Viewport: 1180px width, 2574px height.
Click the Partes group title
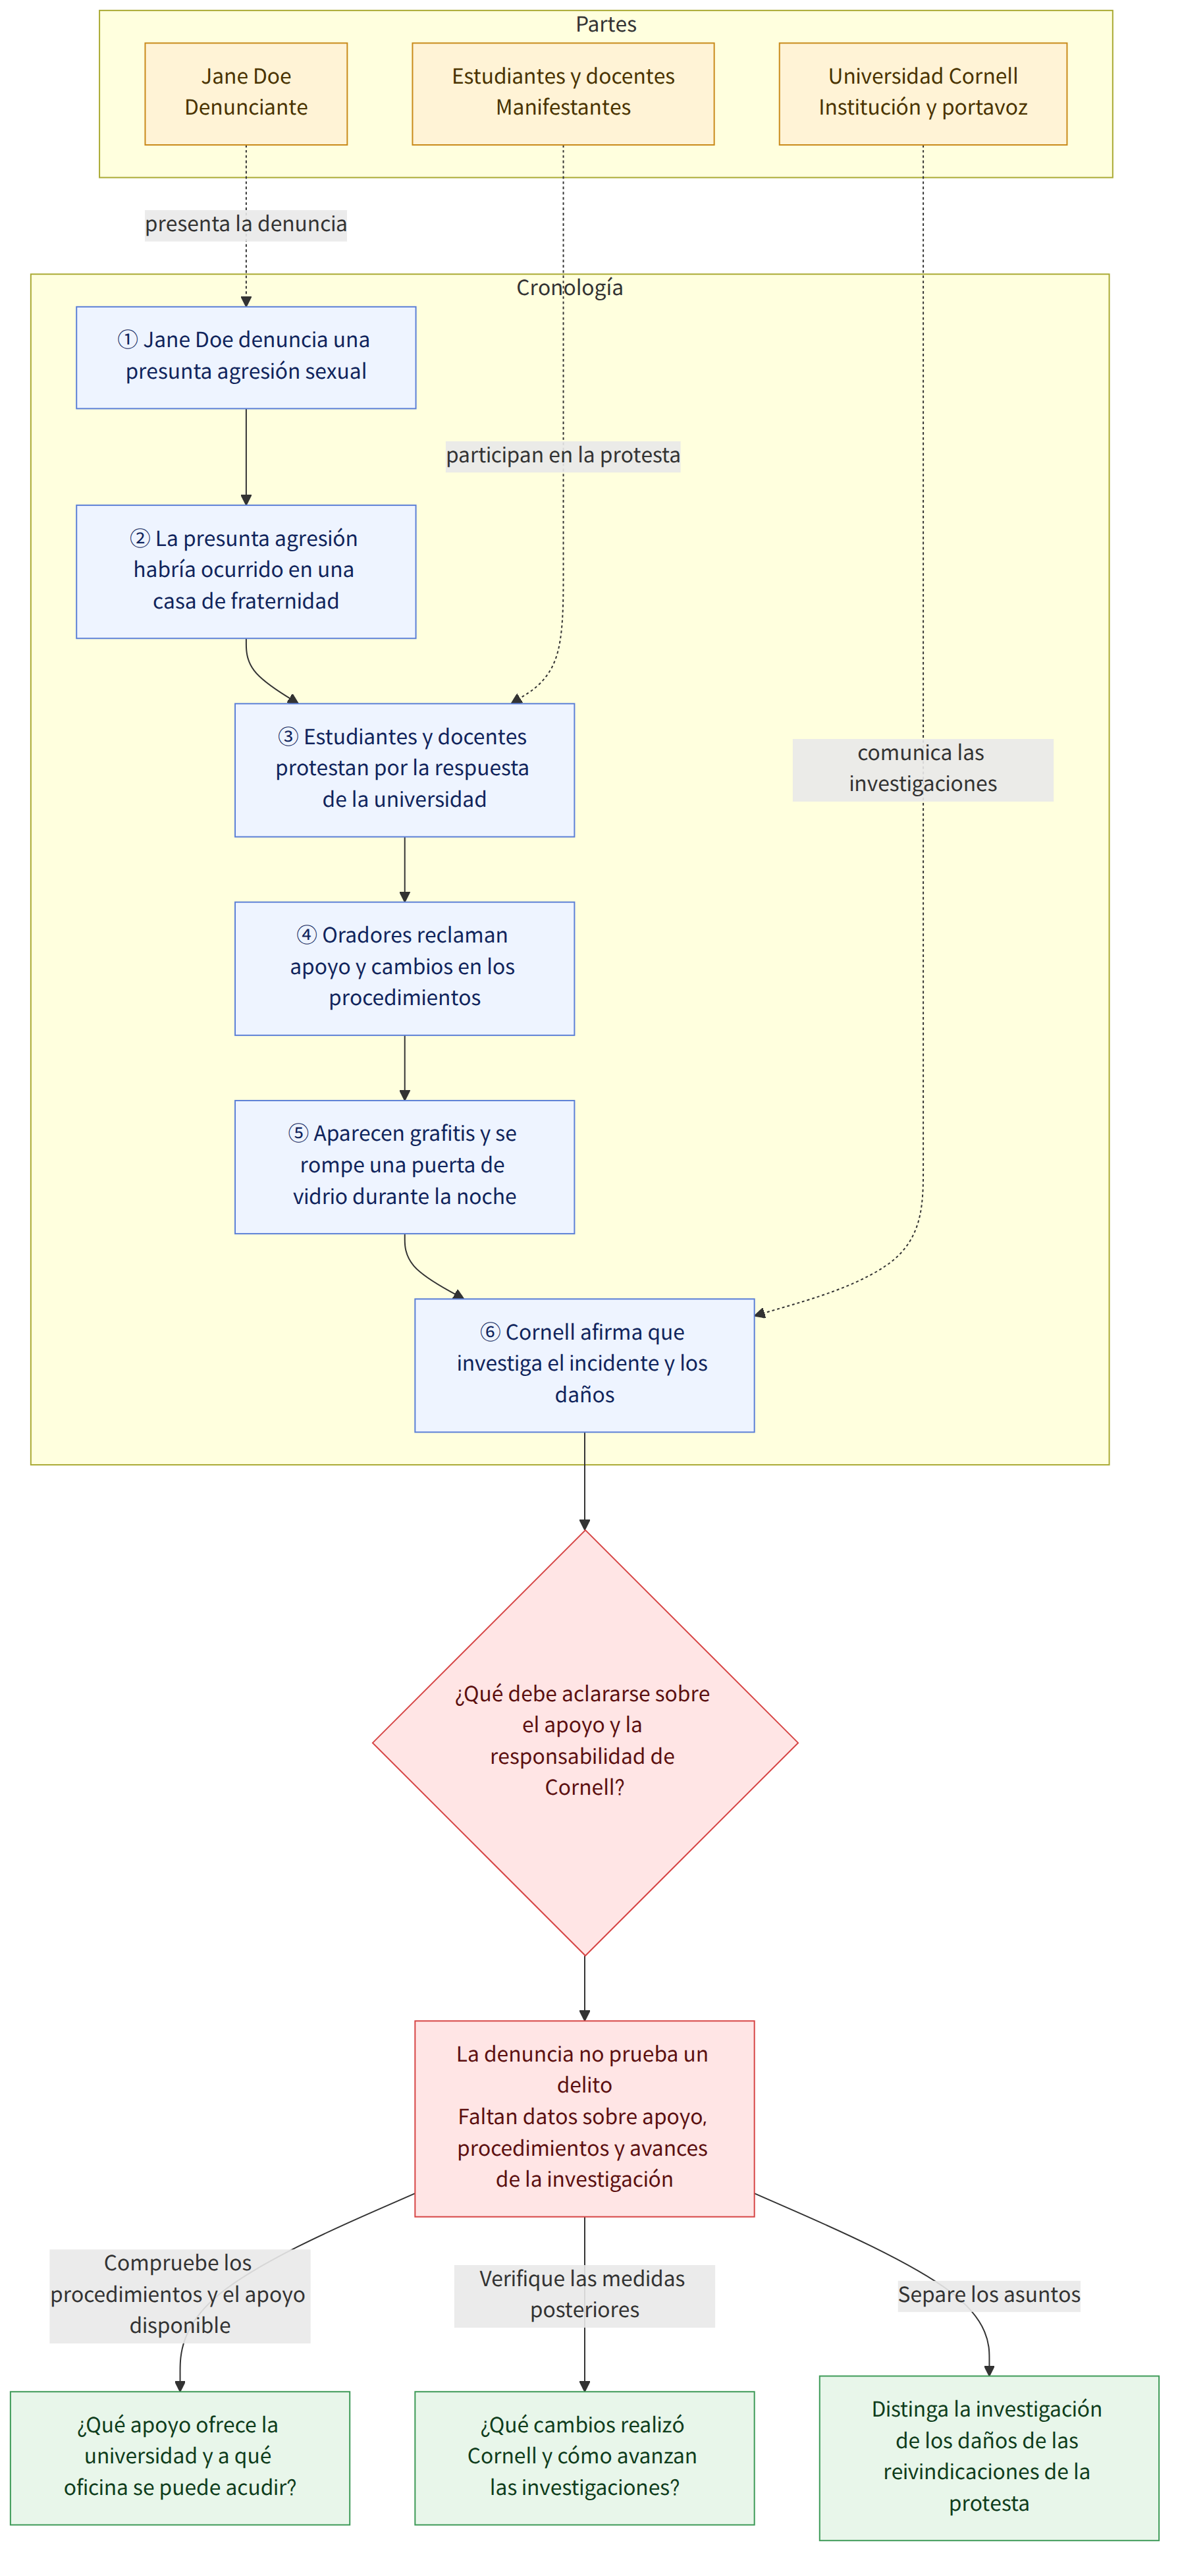(x=606, y=24)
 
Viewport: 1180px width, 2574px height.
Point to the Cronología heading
(x=570, y=288)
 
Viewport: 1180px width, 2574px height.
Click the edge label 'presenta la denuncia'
(x=246, y=224)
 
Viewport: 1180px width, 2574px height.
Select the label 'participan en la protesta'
(x=562, y=456)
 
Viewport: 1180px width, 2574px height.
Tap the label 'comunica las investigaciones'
(x=923, y=769)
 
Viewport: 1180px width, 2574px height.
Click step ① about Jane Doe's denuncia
(x=246, y=357)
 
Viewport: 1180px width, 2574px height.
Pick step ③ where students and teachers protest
(x=405, y=769)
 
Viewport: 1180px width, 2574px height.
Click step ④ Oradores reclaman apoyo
(x=405, y=968)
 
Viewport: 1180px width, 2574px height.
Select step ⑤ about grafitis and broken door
(x=405, y=1166)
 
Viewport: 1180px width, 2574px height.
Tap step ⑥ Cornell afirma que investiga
(x=585, y=1365)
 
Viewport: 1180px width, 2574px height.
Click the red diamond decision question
(x=585, y=1743)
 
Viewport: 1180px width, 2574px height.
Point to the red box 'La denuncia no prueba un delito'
(x=585, y=2118)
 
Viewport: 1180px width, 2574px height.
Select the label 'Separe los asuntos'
(x=989, y=2294)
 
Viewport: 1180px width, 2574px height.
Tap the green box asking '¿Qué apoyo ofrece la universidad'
(x=180, y=2457)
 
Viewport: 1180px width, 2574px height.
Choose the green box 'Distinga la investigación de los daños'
(x=989, y=2457)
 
